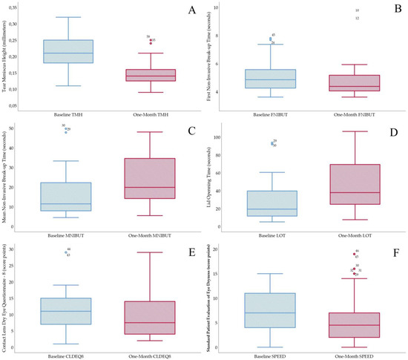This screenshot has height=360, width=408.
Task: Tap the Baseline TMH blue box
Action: [x=68, y=51]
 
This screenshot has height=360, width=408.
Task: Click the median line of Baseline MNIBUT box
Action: [x=68, y=203]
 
